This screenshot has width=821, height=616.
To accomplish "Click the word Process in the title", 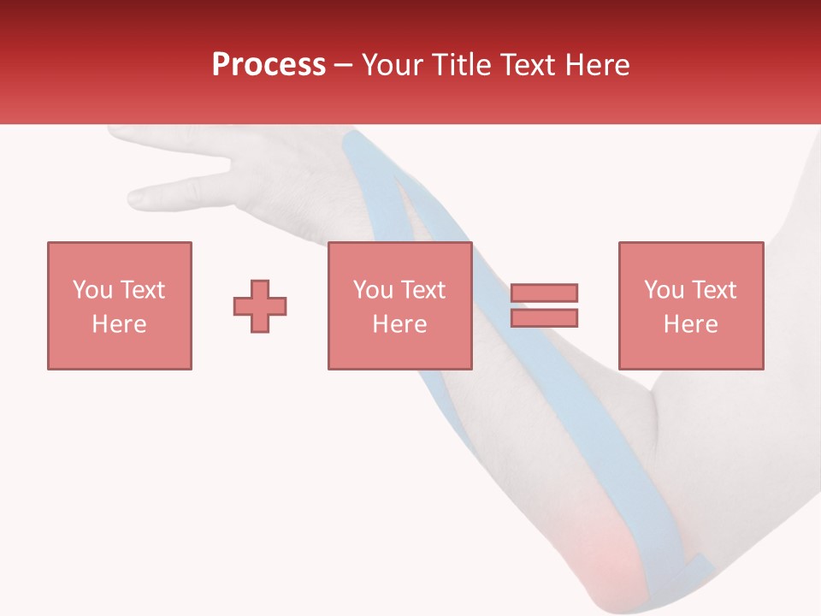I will coord(269,65).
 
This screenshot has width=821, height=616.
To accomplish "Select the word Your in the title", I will coord(395,65).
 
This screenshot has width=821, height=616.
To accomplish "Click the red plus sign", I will coord(260,305).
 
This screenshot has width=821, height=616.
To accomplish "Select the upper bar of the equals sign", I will coord(544,293).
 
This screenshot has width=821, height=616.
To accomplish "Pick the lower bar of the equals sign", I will coord(544,317).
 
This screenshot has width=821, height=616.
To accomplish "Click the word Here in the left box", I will coord(119,324).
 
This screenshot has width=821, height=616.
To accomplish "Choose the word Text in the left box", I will coord(141,290).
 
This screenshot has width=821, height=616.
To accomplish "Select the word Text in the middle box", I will coord(422,290).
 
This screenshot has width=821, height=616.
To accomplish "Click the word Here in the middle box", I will coord(399,324).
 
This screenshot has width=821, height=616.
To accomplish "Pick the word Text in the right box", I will coord(712,290).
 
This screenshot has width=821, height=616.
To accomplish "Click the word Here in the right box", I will coord(690,324).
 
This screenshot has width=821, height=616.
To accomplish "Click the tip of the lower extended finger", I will coord(135,198).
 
